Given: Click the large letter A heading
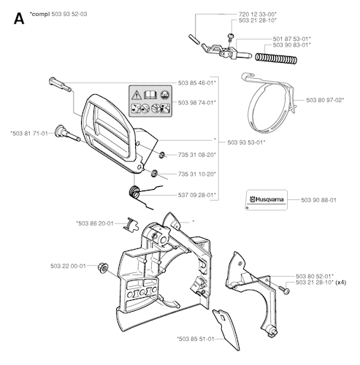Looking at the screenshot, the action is [x=19, y=19].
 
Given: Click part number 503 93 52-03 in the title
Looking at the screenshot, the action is [x=69, y=14].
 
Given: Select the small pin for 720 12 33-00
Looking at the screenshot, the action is [x=194, y=39].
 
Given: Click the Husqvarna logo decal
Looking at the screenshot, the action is [x=267, y=200].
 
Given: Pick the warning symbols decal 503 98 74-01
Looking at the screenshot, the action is [x=150, y=101].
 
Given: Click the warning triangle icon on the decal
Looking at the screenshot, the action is [x=137, y=95].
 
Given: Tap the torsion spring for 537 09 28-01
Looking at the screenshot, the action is [x=134, y=191].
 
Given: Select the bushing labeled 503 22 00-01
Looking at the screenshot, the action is [x=103, y=268].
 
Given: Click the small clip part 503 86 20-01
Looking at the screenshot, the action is [x=130, y=224].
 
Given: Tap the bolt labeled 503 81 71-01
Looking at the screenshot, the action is [x=67, y=134].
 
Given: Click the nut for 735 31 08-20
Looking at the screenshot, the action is [x=162, y=155].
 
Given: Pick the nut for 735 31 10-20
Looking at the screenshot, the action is [x=154, y=173].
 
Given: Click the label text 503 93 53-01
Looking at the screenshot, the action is [x=246, y=142].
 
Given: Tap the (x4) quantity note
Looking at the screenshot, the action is [x=340, y=283].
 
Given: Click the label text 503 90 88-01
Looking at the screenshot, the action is [x=318, y=200].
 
